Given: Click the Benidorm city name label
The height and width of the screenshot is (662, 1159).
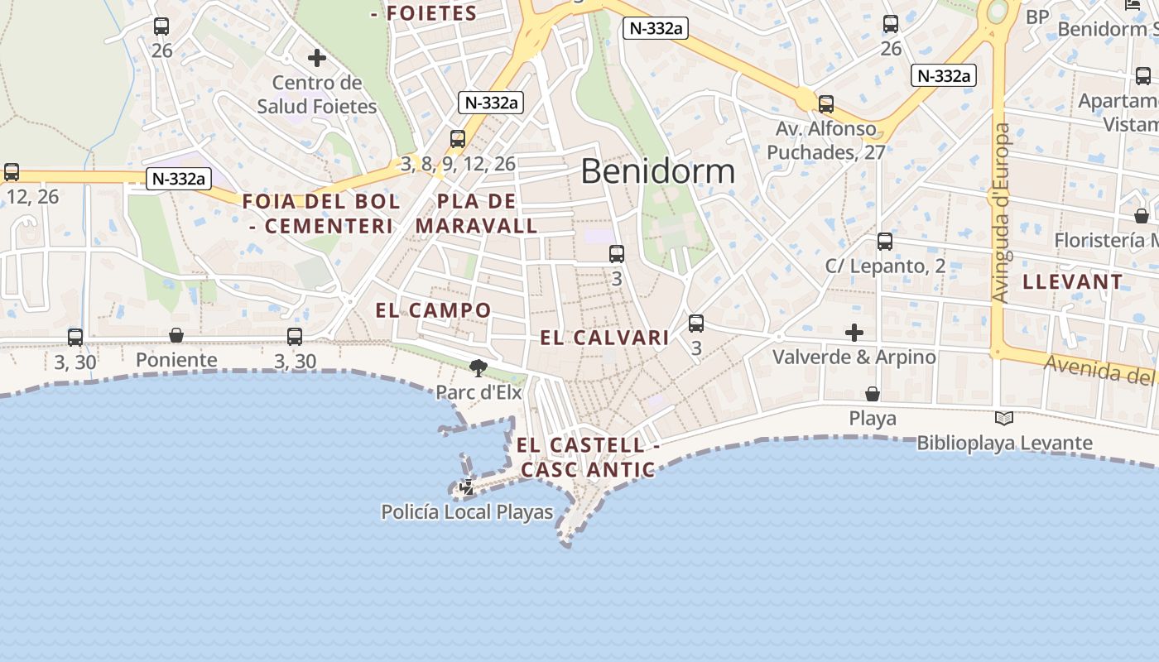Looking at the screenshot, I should point(657,171).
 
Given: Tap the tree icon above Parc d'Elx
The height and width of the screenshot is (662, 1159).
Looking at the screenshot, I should point(478,367).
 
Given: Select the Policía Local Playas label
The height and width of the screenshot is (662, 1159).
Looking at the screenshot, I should point(467,512).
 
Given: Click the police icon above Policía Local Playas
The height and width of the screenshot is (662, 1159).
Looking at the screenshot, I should point(467,487).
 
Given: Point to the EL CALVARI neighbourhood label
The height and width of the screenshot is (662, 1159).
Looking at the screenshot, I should point(604,338).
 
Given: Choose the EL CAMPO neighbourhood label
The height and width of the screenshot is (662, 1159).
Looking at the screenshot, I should point(433,310).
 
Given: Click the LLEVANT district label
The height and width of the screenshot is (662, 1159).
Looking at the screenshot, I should point(1072,282).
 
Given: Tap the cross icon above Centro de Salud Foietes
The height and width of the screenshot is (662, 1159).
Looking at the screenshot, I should point(316,58).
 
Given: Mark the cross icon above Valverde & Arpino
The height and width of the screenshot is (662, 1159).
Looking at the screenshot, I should point(854,333).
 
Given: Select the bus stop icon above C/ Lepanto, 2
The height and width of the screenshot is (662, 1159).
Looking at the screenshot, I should point(885,242).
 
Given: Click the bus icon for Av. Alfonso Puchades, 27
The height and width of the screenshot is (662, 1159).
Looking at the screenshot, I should point(825,104).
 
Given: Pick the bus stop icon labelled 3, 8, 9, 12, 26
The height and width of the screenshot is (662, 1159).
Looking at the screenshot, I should point(458,139).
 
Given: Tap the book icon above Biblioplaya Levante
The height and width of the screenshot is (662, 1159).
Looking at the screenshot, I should point(1004,419).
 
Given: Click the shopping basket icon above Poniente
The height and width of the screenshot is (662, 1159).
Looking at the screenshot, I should point(176,335).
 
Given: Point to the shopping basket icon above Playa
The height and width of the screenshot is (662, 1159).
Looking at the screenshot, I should point(873,393).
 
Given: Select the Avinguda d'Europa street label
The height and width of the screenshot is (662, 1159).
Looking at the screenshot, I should point(1001,213).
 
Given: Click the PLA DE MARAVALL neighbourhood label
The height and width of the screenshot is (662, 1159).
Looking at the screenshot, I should point(477,213).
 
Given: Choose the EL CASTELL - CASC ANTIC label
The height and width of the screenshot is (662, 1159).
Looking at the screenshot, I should point(588,458).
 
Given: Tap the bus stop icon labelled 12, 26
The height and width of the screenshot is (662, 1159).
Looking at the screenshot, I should point(12,172).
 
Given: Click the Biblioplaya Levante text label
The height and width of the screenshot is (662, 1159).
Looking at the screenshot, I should point(1004,444).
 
